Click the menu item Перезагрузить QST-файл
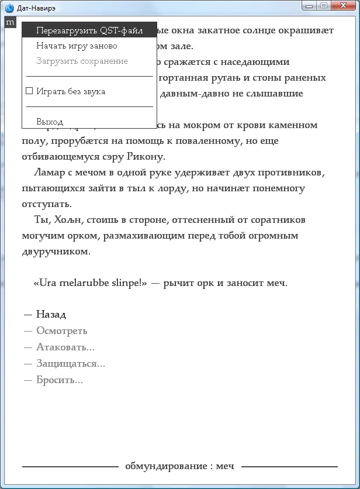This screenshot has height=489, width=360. click(x=89, y=30)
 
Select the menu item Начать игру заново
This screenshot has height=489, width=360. click(x=77, y=46)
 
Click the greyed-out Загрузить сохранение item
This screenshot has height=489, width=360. click(x=82, y=61)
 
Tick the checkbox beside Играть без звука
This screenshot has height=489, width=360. click(x=30, y=91)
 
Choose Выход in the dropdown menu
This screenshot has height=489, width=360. click(x=50, y=122)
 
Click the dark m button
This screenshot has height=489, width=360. click(x=10, y=22)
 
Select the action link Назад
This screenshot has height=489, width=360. click(x=51, y=314)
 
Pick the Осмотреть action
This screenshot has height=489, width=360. click(x=61, y=330)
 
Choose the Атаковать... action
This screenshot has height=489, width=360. click(x=65, y=347)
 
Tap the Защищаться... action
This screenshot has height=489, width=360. click(x=70, y=363)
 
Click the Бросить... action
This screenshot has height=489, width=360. click(x=59, y=380)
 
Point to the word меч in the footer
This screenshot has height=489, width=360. click(x=225, y=466)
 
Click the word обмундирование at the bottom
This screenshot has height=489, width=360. click(x=165, y=466)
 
